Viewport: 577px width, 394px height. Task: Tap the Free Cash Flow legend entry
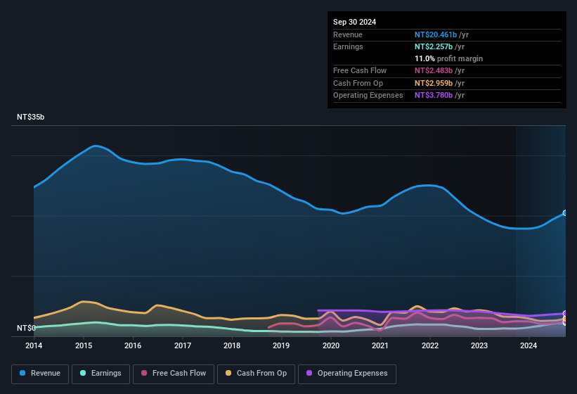(x=174, y=374)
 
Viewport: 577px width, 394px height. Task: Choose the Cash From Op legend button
(x=255, y=374)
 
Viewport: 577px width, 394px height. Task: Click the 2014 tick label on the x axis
(x=34, y=345)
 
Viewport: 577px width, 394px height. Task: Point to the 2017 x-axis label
(x=183, y=345)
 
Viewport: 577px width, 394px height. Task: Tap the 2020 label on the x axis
(x=331, y=345)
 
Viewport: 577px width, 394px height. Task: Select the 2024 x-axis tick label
(x=529, y=345)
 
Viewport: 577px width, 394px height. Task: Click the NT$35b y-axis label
(x=30, y=117)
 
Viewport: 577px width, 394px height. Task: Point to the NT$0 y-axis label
(x=25, y=328)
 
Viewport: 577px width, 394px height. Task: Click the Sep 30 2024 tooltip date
(x=354, y=22)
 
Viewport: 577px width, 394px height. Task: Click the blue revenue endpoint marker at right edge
(x=565, y=212)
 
